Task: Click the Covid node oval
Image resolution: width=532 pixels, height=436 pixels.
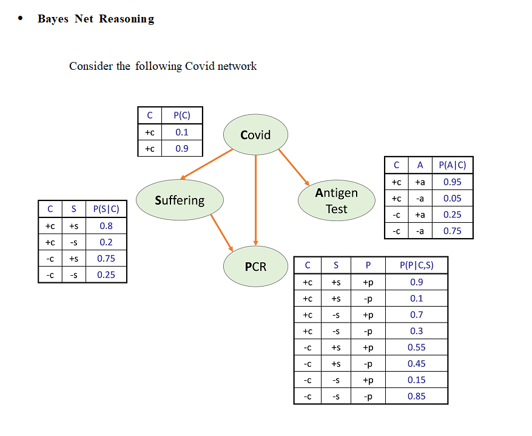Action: [255, 135]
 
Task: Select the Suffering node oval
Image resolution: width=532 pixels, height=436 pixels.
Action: [180, 200]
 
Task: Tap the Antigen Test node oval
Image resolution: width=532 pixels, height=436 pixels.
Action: [337, 200]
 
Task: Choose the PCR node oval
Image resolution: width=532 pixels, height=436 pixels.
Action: [255, 266]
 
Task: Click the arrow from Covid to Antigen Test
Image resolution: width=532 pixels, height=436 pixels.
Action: [294, 166]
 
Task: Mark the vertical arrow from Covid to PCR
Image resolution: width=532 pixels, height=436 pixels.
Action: [256, 200]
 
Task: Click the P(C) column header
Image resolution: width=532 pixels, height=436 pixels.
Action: [182, 115]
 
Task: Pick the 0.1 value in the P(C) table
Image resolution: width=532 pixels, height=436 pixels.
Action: [182, 132]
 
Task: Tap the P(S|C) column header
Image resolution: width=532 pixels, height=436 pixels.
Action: [106, 209]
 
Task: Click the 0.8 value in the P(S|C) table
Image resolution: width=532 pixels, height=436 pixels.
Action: [106, 226]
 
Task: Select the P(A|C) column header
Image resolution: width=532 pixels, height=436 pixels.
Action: [452, 165]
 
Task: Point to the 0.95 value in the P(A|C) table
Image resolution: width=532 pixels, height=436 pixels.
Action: [452, 182]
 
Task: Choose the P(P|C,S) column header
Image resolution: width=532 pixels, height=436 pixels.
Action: [417, 265]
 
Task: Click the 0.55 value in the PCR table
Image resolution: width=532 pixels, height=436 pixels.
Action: [417, 347]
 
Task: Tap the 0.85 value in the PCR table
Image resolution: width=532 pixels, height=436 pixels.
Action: [417, 396]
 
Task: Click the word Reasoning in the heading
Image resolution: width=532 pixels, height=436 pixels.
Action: [127, 19]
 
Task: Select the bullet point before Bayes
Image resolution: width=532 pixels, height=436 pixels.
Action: [21, 18]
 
